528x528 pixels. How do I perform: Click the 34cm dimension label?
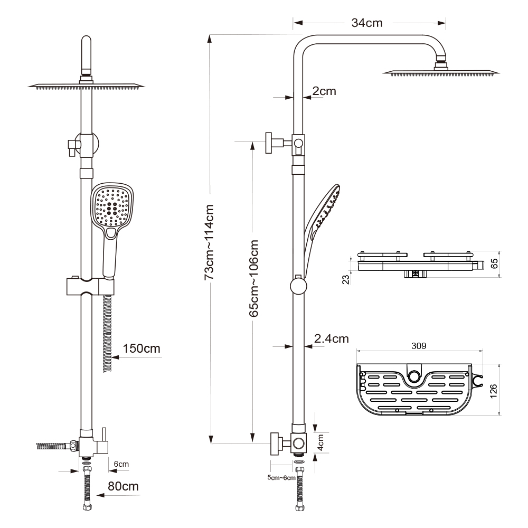pos(367,23)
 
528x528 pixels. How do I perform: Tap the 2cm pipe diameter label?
pos(324,91)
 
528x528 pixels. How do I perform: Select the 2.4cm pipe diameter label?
pos(332,338)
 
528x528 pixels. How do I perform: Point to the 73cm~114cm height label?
pos(209,242)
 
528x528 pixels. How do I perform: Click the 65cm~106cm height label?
pos(253,278)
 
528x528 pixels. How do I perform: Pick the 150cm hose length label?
pos(142,348)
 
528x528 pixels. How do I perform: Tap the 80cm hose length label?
pos(123,486)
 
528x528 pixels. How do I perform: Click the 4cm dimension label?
pos(320,442)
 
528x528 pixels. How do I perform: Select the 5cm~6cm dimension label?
pos(281,477)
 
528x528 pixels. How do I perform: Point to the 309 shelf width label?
pos(419,346)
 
